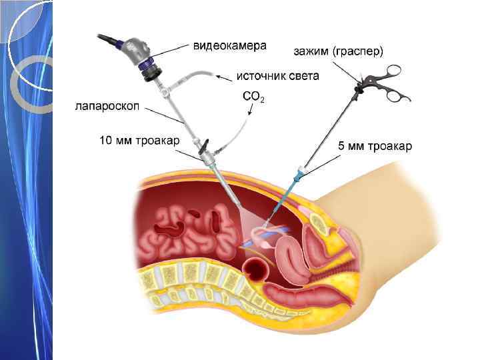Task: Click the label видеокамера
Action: tap(229, 46)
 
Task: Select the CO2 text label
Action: tap(253, 97)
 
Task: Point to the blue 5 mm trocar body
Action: tap(297, 177)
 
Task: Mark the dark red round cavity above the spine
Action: tap(257, 270)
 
